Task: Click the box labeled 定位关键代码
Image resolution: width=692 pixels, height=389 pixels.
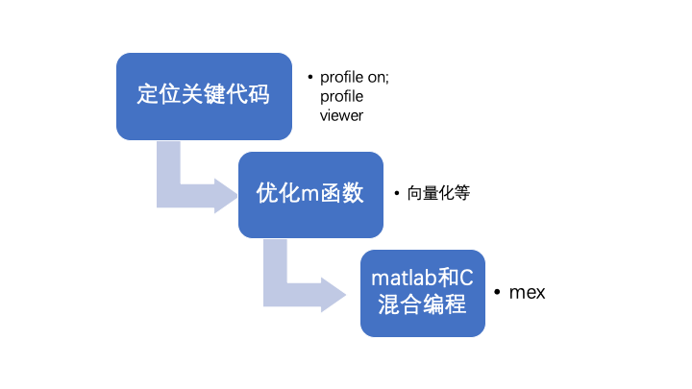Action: click(203, 96)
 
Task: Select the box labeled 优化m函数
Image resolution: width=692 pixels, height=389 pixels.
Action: click(310, 194)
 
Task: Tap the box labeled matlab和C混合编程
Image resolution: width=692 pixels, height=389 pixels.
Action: click(423, 292)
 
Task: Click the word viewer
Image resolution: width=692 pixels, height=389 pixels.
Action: click(341, 115)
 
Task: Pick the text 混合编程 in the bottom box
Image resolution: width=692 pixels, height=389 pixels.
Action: click(423, 305)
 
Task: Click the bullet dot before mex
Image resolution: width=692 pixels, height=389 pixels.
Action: click(496, 292)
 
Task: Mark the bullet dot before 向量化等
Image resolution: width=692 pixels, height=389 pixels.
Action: click(397, 193)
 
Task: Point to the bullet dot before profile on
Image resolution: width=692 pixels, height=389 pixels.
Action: click(309, 77)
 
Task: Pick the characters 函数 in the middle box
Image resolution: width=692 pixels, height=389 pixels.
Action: click(342, 194)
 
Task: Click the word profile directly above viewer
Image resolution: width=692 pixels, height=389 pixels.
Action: click(341, 96)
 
